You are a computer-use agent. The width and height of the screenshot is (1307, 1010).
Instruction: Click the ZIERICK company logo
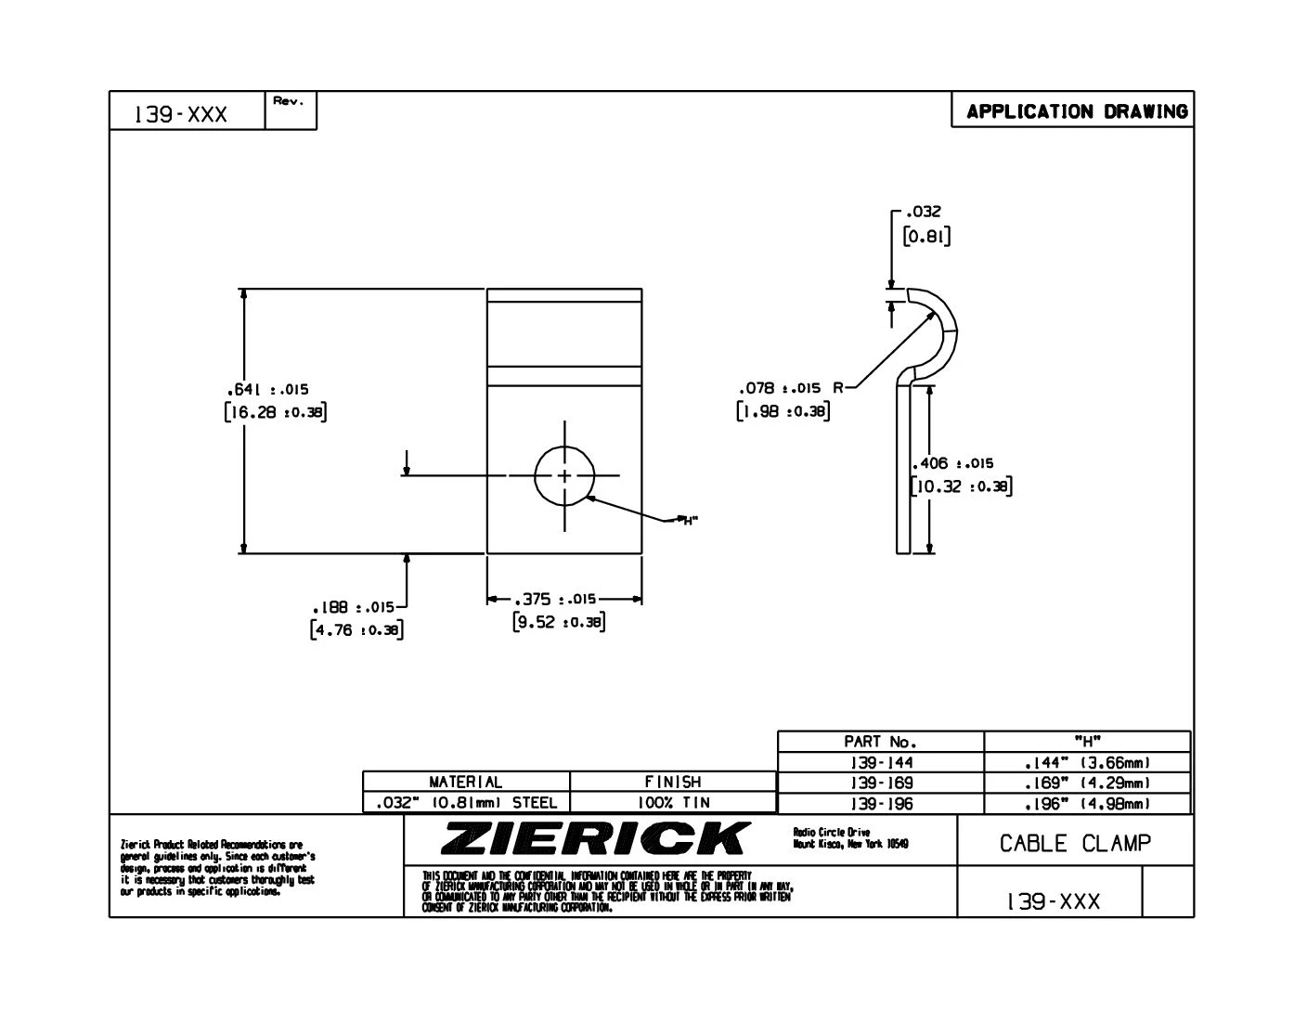594,838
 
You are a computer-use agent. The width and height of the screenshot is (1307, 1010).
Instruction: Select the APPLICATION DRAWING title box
1076,111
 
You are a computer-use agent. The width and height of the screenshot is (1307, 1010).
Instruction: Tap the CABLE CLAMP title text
1075,843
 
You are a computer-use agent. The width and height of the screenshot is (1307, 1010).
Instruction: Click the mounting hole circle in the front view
564,475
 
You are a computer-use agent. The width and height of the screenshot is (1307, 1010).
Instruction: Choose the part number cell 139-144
880,762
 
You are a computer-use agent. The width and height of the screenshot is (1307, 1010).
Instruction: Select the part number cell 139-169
880,783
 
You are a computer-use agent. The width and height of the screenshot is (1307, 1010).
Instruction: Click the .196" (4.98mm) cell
1087,803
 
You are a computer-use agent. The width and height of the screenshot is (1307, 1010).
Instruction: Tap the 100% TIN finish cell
673,802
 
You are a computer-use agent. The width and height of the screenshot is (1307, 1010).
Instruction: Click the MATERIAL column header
465,782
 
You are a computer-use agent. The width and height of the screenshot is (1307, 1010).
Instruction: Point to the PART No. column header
880,742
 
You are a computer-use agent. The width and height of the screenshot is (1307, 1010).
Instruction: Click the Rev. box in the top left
291,110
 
